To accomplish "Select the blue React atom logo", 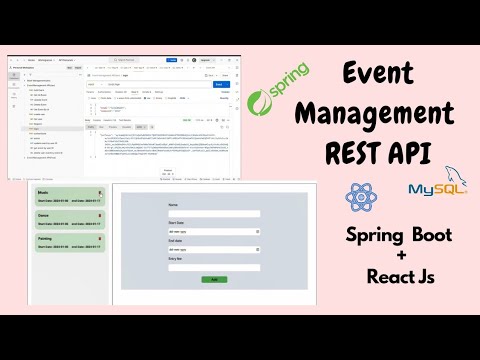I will [359, 195].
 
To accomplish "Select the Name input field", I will [214, 214].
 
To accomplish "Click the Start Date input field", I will [214, 232].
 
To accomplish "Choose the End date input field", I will [214, 250].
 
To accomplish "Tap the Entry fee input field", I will [214, 267].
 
